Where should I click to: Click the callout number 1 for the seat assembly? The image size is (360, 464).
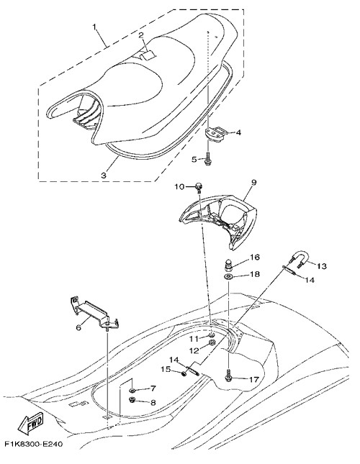[x=95, y=27]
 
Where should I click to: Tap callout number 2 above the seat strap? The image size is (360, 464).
[x=141, y=35]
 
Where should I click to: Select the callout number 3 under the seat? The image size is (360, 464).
[x=104, y=176]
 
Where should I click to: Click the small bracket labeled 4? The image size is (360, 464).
[x=215, y=134]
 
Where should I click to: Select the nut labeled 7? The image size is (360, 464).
[x=132, y=389]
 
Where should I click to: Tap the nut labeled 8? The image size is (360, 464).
[x=132, y=400]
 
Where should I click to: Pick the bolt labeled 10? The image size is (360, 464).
[x=198, y=187]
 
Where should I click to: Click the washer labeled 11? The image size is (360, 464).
[x=212, y=335]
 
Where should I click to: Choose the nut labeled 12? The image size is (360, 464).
[x=212, y=343]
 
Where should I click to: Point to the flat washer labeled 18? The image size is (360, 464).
[x=228, y=277]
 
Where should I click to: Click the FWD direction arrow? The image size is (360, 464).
[x=31, y=423]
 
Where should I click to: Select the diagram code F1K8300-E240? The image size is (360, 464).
[x=34, y=444]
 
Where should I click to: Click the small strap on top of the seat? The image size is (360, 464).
[x=148, y=55]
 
